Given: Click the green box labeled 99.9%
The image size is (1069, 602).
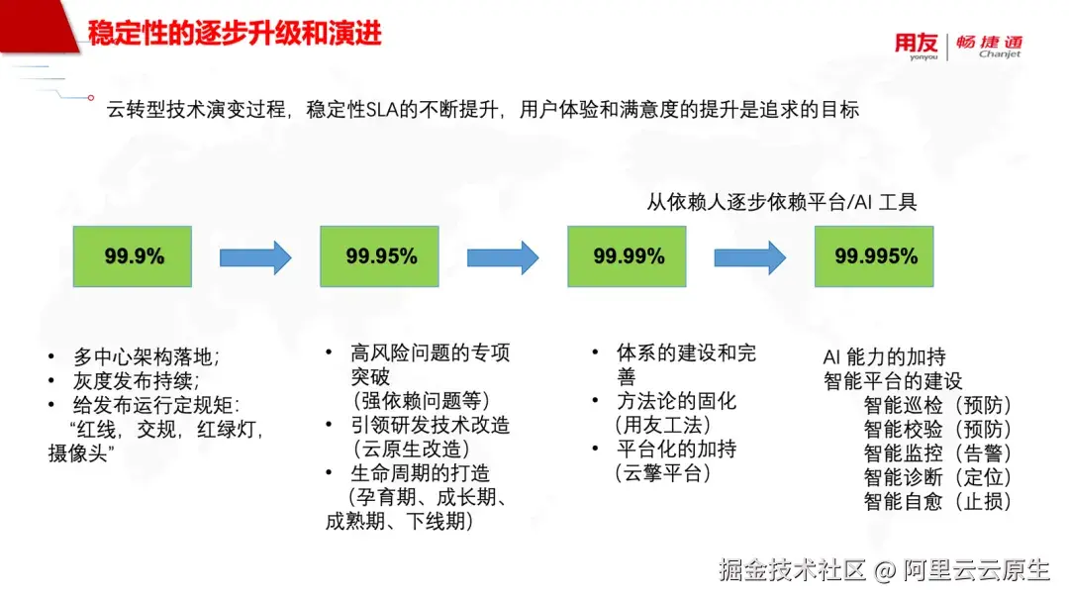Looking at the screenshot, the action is tap(133, 256).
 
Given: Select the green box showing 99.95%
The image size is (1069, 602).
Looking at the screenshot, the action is tap(379, 256).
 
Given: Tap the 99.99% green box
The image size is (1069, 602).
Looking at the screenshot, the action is tap(627, 256).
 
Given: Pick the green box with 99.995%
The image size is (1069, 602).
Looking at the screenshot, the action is tap(874, 256).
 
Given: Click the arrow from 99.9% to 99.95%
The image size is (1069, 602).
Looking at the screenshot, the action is tap(255, 257).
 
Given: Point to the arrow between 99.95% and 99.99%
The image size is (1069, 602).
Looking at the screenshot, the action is tap(503, 257).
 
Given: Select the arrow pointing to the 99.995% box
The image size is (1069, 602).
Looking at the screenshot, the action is tap(750, 257).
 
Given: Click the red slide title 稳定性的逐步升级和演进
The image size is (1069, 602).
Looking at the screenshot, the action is tap(235, 33).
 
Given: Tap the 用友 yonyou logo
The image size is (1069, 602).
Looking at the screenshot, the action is tap(917, 47).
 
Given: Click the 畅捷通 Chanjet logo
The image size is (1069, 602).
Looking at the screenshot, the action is tap(989, 47).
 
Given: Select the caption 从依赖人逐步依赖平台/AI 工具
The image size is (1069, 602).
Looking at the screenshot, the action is tap(781, 202).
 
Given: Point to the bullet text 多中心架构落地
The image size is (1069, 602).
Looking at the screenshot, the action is tap(146, 356).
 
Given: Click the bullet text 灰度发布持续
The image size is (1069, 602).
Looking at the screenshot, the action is tap(137, 381).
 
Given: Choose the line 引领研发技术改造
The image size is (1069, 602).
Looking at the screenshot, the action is tap(431, 426).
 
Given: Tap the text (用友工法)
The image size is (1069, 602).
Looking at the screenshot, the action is tap(662, 426).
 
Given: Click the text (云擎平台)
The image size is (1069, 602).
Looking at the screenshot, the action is tap(662, 473).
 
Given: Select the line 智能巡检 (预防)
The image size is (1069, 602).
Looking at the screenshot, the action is tap(937, 405).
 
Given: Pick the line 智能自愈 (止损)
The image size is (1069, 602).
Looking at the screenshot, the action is tap(937, 501).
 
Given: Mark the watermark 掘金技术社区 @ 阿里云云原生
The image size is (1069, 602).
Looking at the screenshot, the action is tap(884, 570).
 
